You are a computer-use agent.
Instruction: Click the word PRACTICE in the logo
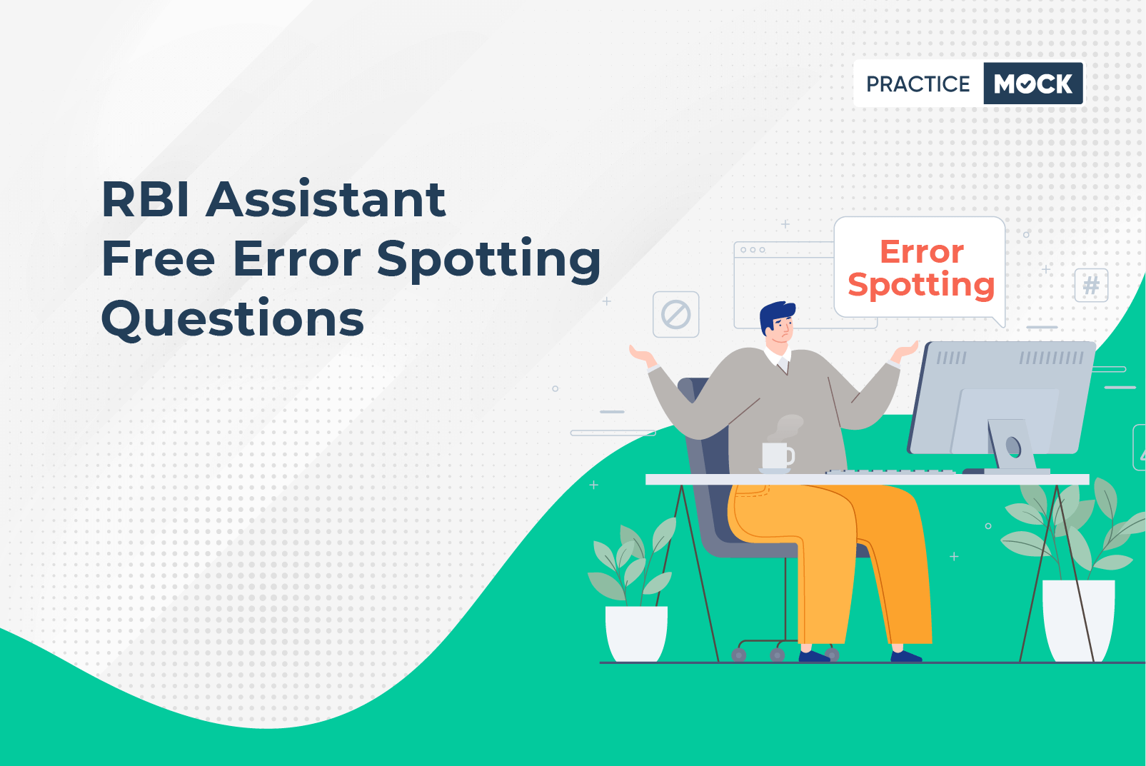click(918, 84)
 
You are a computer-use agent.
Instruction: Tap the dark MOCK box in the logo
click(1032, 84)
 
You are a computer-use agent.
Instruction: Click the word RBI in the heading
click(146, 200)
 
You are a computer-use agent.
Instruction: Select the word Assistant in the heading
click(326, 200)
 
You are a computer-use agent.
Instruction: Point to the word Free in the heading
click(158, 258)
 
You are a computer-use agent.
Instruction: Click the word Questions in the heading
click(233, 318)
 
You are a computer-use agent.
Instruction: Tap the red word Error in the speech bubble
click(921, 252)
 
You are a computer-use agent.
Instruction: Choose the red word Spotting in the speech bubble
click(921, 286)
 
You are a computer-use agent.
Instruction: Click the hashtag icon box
click(1091, 286)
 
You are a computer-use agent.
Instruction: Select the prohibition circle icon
click(675, 314)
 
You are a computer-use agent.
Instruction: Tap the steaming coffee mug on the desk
click(776, 456)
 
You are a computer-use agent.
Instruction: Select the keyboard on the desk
click(890, 472)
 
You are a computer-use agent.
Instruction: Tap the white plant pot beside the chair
click(636, 633)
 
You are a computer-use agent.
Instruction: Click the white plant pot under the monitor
click(1077, 619)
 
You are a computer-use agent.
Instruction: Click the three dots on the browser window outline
click(753, 250)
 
